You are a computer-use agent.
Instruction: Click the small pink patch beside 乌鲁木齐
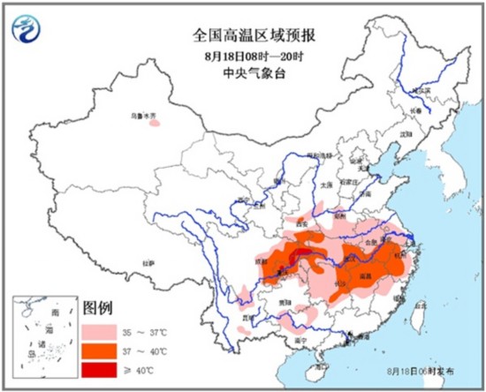(155, 124)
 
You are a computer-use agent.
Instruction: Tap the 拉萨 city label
(149, 262)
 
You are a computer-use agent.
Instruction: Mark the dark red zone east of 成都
(304, 257)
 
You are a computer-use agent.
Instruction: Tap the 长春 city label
(414, 109)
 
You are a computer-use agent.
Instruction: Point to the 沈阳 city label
(406, 132)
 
